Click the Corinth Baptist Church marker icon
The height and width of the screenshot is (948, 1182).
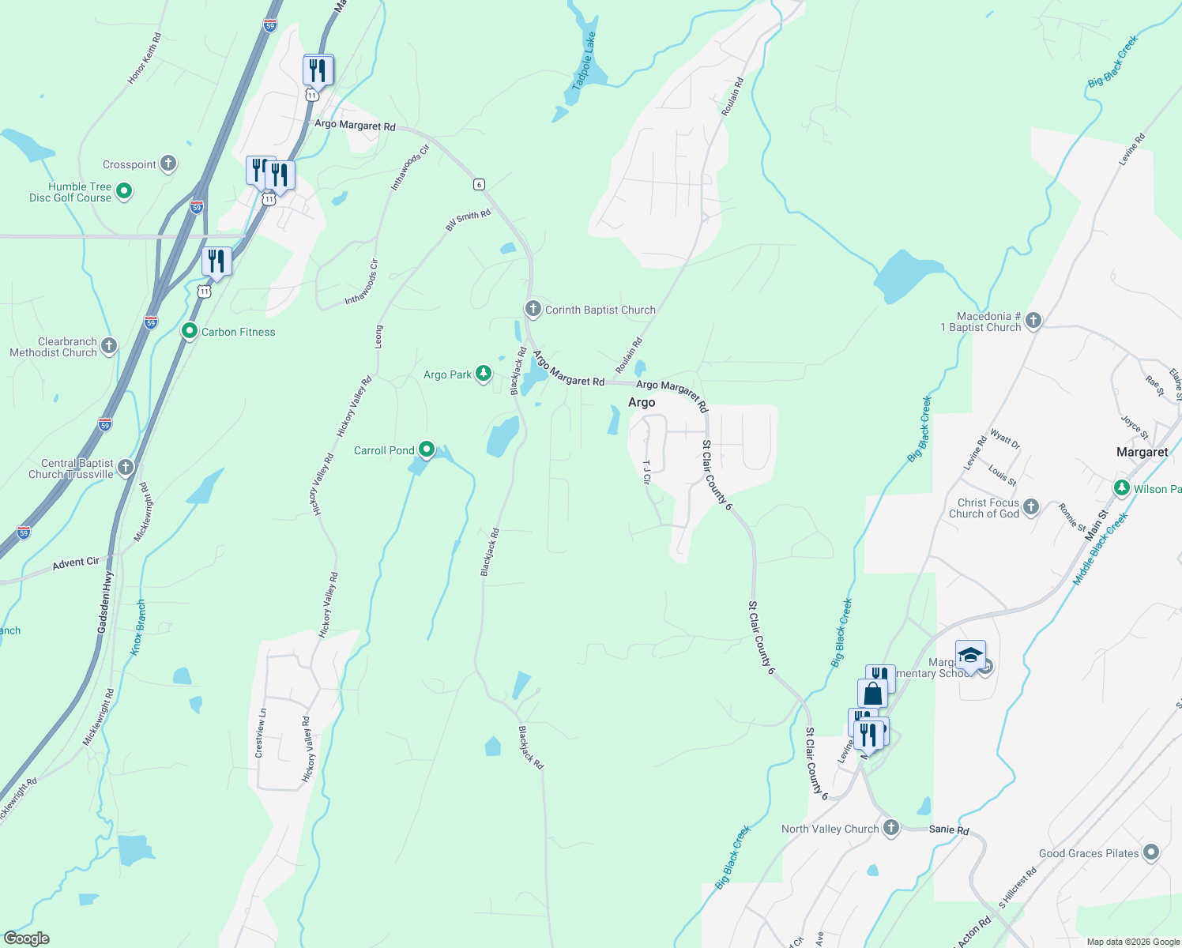point(533,309)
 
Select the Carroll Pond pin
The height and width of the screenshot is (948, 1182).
point(427,450)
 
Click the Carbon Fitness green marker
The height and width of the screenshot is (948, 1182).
point(190,331)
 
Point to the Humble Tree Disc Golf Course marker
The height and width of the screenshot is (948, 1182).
point(124,191)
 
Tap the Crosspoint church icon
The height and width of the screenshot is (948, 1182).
point(168,164)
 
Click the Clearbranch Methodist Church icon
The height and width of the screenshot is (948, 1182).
point(109,345)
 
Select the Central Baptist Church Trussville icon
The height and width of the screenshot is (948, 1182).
point(126,468)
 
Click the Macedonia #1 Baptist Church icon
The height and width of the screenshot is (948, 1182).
point(1033,320)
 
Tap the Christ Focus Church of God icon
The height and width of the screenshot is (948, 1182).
point(1031,506)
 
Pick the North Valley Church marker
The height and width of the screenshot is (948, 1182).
point(891,828)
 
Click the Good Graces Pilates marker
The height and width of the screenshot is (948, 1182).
point(1151,852)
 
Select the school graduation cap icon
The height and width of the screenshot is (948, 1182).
point(970,656)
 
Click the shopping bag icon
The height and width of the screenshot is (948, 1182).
point(873,694)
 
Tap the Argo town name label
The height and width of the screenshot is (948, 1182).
point(642,402)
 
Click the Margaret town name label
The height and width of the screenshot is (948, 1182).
point(1142,452)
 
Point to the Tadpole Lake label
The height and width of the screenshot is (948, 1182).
point(584,62)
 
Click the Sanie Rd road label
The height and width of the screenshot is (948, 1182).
point(949,829)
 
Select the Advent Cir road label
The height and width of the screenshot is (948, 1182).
point(76,562)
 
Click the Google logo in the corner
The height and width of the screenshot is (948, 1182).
point(26,939)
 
